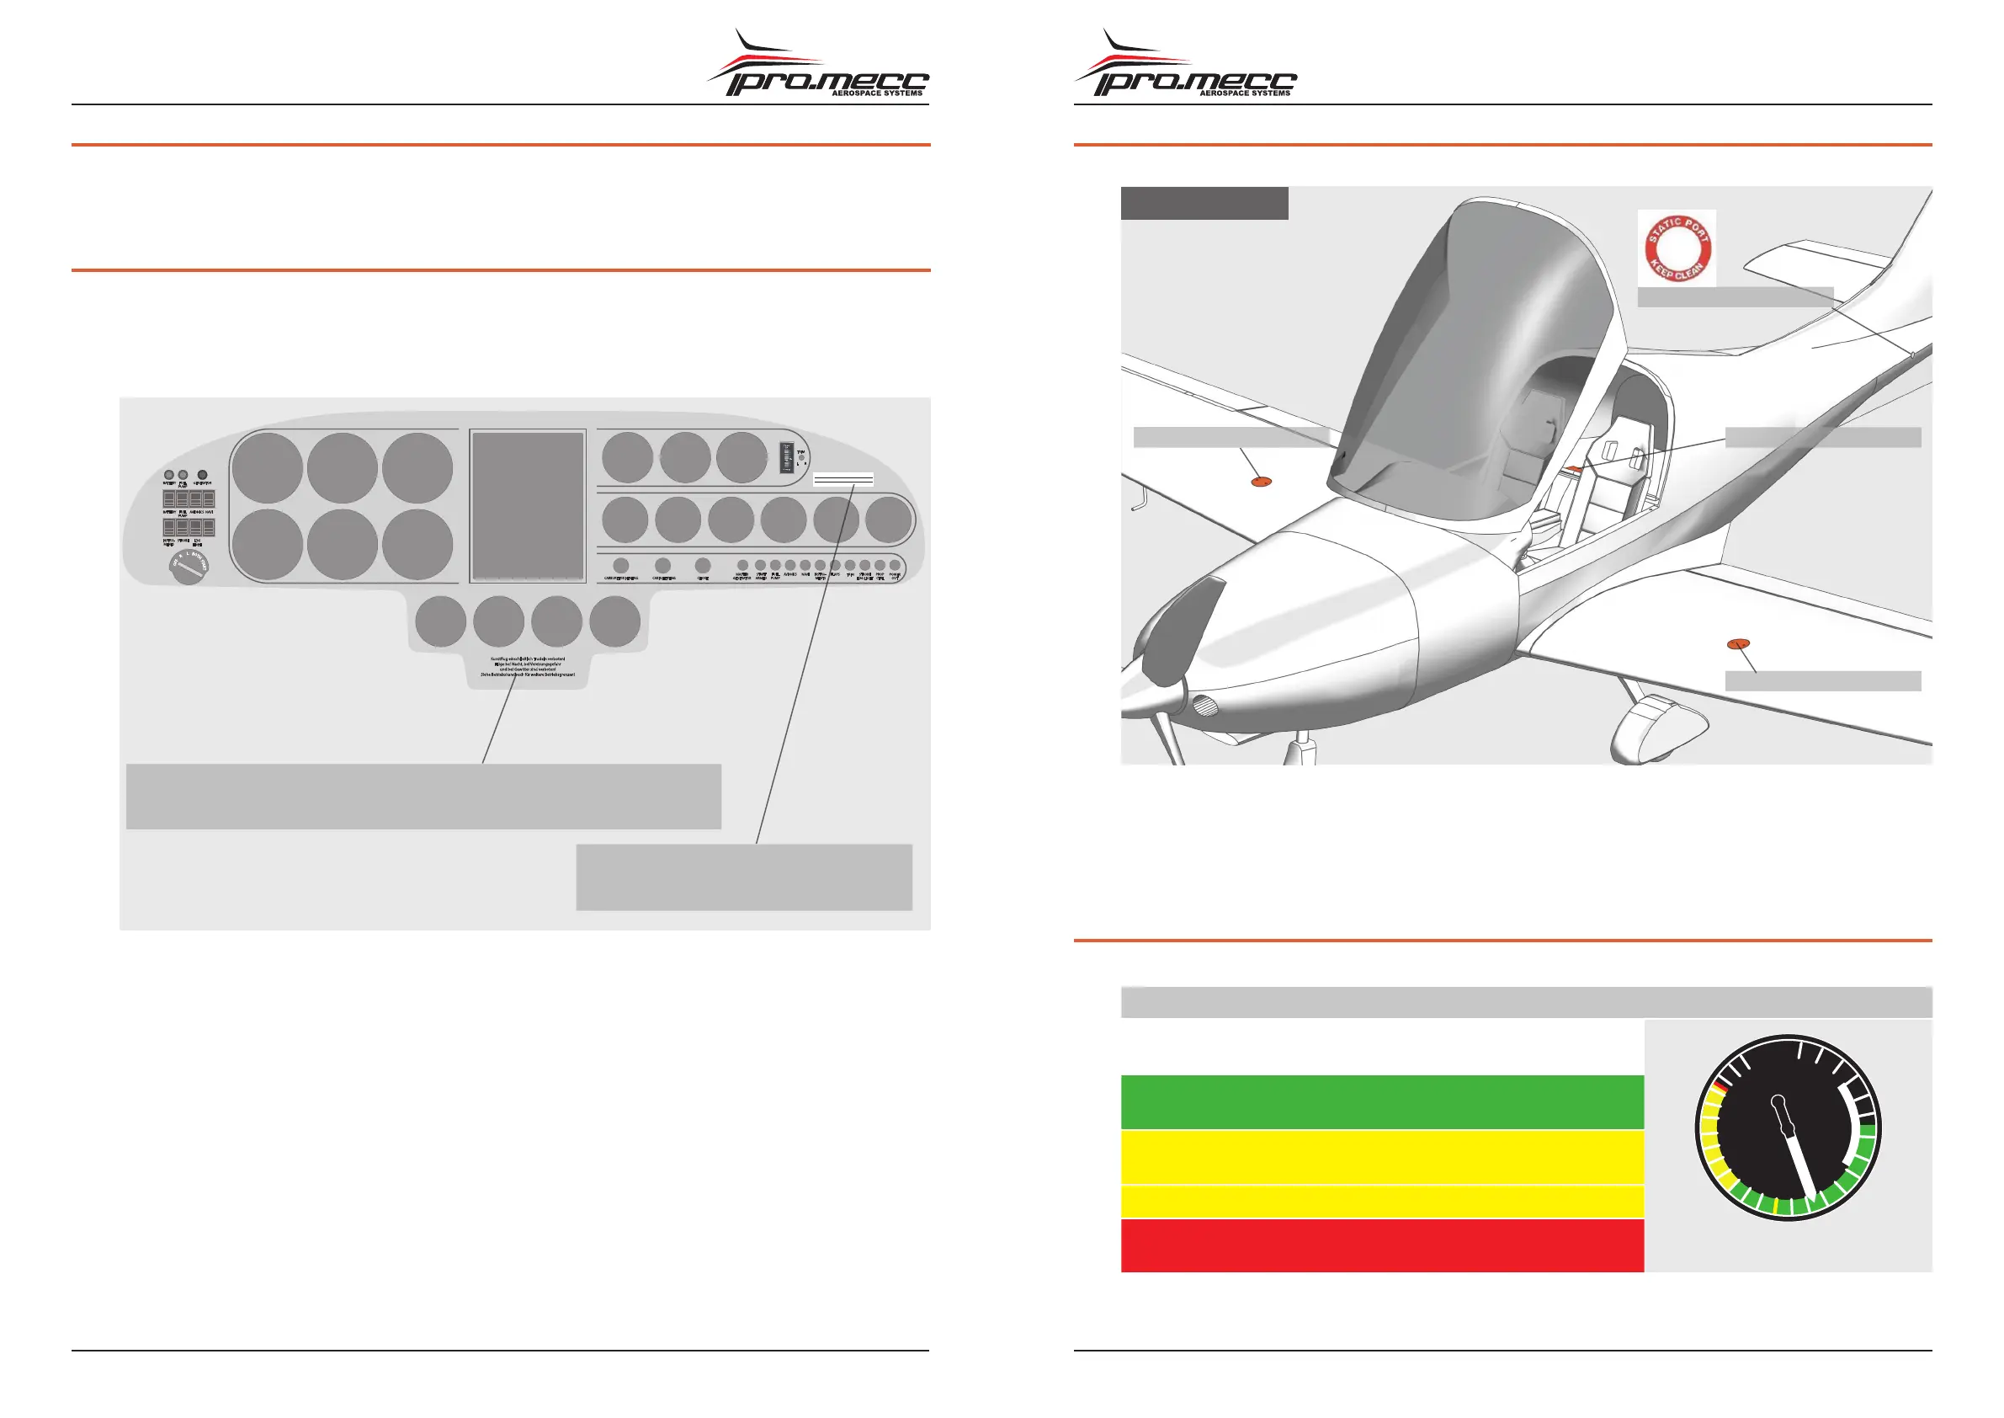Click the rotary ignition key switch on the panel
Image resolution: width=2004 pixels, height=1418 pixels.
[189, 568]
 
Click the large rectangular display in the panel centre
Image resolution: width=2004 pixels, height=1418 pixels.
[527, 506]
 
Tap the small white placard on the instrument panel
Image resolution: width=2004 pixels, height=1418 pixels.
[843, 479]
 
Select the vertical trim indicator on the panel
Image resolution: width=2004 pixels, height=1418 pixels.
[785, 457]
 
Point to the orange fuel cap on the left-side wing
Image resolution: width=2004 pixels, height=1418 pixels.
[1260, 481]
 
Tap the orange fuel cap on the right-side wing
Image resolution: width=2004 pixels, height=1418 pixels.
[1739, 644]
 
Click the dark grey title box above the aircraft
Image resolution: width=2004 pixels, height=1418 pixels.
[1204, 204]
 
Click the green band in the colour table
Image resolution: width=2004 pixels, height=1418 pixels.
[1381, 1102]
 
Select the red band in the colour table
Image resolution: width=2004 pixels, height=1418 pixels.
[1381, 1245]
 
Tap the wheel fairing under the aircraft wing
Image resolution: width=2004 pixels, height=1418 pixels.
[1656, 727]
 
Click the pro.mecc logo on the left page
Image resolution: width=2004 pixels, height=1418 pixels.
[818, 67]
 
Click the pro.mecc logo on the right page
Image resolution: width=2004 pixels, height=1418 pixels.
[1185, 67]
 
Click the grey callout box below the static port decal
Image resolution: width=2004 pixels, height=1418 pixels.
[1735, 297]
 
